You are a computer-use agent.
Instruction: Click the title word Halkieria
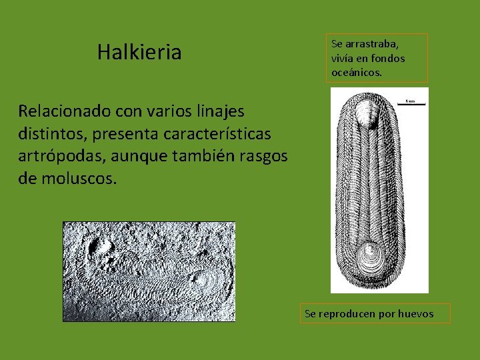[139, 52]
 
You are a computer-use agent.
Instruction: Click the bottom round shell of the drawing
[371, 255]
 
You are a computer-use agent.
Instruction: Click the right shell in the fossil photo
[202, 280]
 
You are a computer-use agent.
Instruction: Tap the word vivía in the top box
[343, 58]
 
